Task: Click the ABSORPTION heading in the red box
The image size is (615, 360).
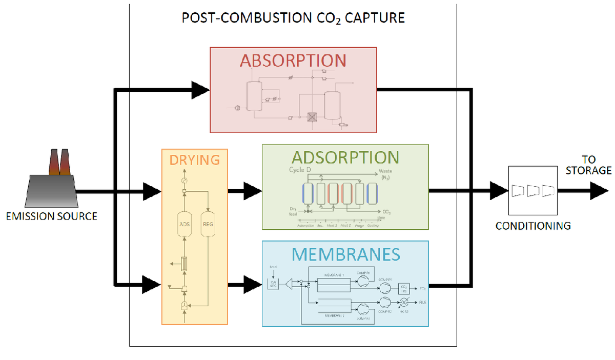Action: pyautogui.click(x=293, y=60)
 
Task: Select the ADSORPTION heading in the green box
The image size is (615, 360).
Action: pyautogui.click(x=345, y=156)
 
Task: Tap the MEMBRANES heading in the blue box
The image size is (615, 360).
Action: pyautogui.click(x=345, y=253)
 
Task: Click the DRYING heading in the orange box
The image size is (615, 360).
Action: pyautogui.click(x=194, y=159)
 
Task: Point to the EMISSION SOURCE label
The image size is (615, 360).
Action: pyautogui.click(x=51, y=216)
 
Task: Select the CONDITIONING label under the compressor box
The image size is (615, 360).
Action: pyautogui.click(x=533, y=226)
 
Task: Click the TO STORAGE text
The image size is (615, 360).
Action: pyautogui.click(x=588, y=165)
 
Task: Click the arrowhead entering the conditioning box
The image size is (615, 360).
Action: pyautogui.click(x=498, y=191)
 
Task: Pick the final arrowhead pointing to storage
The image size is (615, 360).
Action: pyautogui.click(x=599, y=191)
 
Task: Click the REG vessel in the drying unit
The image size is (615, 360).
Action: pyautogui.click(x=208, y=224)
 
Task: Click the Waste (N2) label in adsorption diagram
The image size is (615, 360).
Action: pyautogui.click(x=385, y=174)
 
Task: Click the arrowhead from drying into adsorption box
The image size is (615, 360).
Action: pyautogui.click(x=252, y=191)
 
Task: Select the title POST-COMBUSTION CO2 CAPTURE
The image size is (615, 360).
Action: pyautogui.click(x=293, y=18)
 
